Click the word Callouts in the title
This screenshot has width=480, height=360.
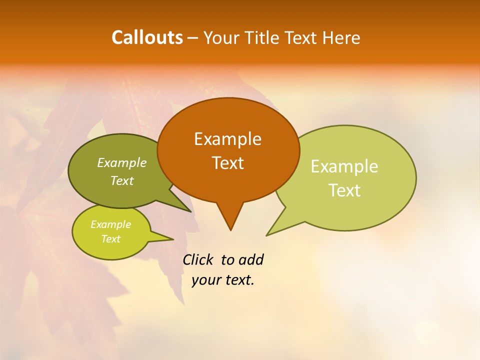(147, 37)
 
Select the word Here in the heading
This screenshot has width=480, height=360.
(341, 38)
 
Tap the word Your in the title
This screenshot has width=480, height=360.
(222, 38)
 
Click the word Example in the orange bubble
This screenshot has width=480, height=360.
(227, 139)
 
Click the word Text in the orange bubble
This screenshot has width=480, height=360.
(227, 163)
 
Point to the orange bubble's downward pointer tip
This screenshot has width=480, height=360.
(230, 230)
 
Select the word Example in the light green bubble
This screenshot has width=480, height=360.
(344, 166)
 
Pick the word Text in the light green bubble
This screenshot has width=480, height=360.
(344, 190)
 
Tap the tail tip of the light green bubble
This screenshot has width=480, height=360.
(266, 235)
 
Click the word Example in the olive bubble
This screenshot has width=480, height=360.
(121, 163)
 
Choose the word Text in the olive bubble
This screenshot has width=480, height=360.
(121, 181)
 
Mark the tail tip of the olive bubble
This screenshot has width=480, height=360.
(191, 211)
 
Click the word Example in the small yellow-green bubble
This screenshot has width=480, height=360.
(110, 224)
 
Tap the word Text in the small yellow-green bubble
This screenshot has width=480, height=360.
(110, 239)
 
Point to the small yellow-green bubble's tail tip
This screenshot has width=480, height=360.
(173, 239)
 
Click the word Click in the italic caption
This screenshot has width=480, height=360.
(197, 259)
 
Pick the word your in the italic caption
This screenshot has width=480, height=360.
(206, 280)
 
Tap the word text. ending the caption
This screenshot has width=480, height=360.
(239, 280)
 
